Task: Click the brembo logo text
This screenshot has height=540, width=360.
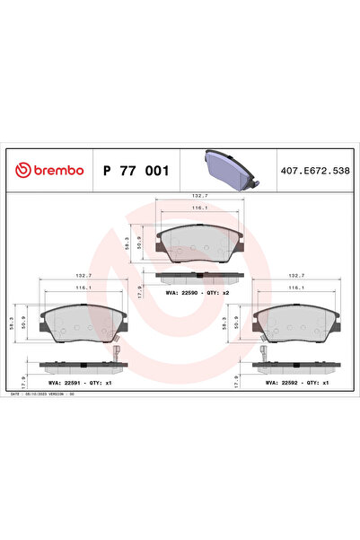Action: coord(51,171)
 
